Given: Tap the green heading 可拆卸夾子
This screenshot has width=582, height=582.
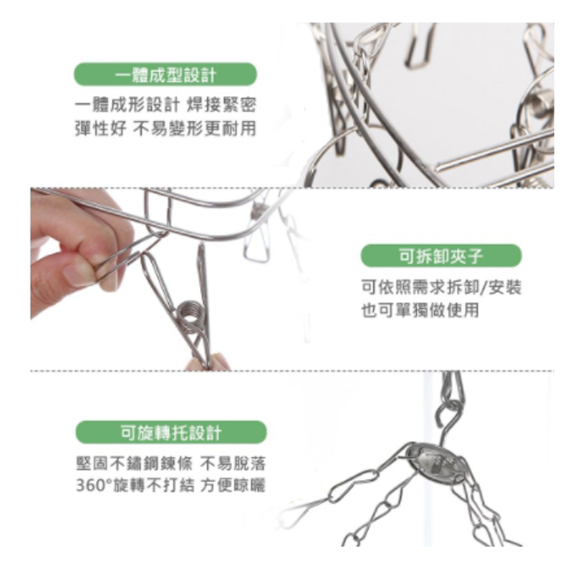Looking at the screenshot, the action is (x=441, y=256).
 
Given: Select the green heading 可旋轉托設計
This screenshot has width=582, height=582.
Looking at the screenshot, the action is (x=171, y=433).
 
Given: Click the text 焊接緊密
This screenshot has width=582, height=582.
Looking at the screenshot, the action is (x=221, y=105).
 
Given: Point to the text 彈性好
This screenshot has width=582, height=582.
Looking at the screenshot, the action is (x=101, y=129).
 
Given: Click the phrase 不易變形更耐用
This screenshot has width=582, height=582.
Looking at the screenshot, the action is (x=194, y=129).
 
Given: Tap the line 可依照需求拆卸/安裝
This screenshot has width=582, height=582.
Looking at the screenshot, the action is (x=442, y=287).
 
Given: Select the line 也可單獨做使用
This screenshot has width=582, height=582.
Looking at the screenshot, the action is (x=420, y=311).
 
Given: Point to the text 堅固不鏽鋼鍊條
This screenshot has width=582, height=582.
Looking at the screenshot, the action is (x=135, y=463).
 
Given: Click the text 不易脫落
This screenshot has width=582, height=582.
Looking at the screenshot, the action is (x=233, y=463).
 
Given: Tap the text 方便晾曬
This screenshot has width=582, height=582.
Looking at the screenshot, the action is (x=233, y=485).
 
